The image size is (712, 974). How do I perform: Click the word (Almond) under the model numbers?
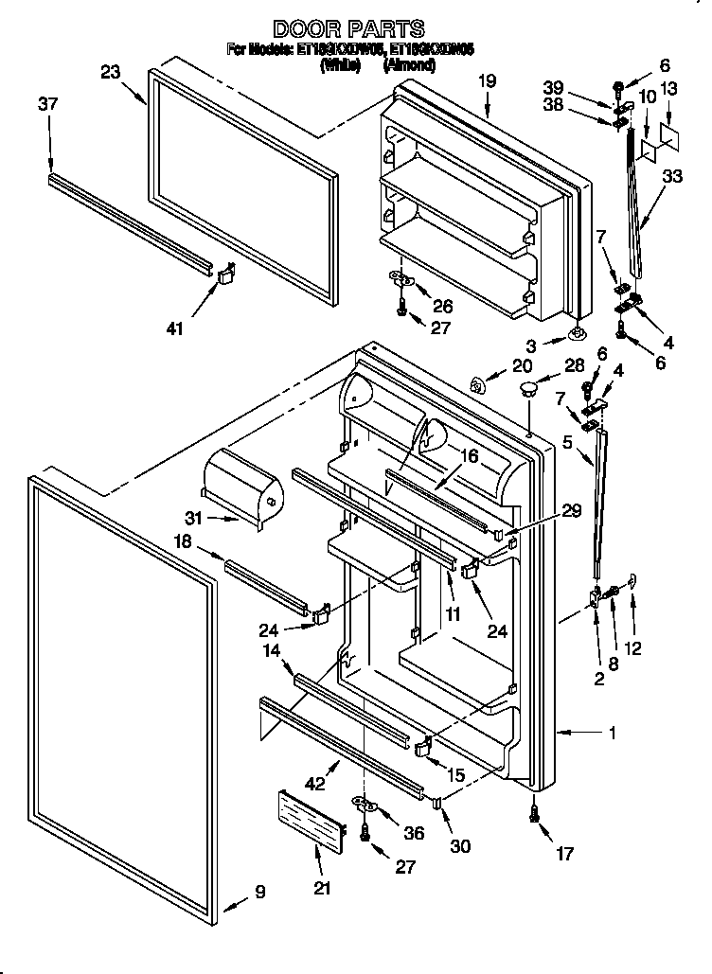(408, 65)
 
